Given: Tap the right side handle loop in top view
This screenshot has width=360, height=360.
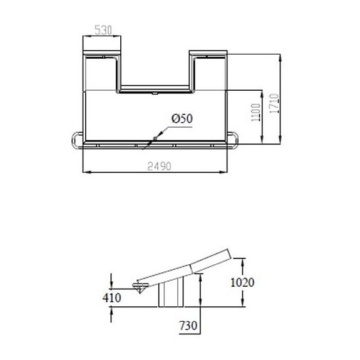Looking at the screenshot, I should coord(235,140).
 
